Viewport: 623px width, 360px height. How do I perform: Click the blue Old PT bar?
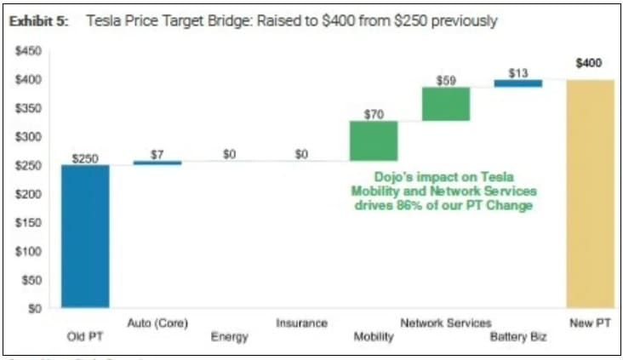click(x=85, y=236)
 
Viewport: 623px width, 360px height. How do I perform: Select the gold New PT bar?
click(x=590, y=193)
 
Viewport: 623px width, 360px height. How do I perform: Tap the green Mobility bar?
click(x=374, y=140)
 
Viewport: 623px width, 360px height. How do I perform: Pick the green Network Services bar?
click(x=446, y=104)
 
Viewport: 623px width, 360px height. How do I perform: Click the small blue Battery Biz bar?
click(x=518, y=83)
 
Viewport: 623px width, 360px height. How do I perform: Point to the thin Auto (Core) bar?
click(x=157, y=163)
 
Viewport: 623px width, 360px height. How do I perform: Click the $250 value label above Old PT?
click(x=85, y=158)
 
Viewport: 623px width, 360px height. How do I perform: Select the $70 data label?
click(x=374, y=114)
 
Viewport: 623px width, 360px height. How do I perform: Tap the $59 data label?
click(x=446, y=81)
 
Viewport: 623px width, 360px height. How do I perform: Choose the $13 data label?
click(x=518, y=73)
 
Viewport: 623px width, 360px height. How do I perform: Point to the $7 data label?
click(x=157, y=154)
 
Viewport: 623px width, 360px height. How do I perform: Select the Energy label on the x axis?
click(x=229, y=337)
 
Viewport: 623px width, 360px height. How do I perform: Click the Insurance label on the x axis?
click(x=301, y=323)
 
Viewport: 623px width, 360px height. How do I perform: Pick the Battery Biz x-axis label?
click(x=518, y=337)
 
